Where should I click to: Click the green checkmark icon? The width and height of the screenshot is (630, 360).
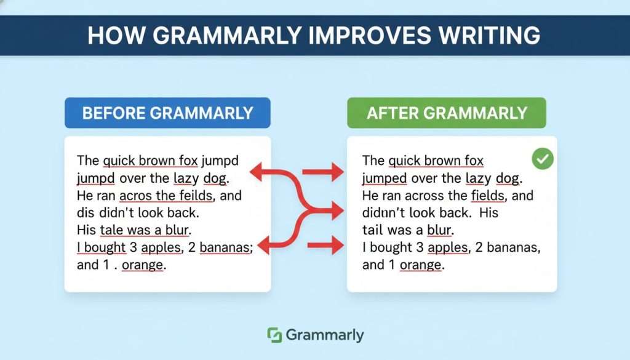[x=543, y=160]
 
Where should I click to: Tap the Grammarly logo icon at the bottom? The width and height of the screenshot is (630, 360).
[x=274, y=335]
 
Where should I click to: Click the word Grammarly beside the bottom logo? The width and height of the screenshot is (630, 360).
[x=324, y=335]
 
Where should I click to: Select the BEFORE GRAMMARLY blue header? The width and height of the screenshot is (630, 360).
[x=167, y=113]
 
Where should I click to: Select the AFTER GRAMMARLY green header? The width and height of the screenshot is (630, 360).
[x=447, y=113]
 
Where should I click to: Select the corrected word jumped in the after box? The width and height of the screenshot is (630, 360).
[x=385, y=178]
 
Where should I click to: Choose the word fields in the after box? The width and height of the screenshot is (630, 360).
[x=490, y=196]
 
